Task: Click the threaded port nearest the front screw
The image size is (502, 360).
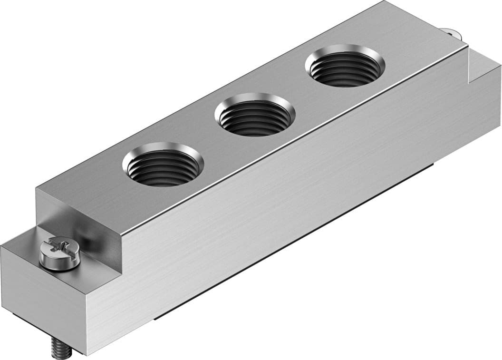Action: [x=163, y=164]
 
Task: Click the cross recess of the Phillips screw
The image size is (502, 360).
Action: [x=59, y=247]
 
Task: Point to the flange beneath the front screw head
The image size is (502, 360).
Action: [x=59, y=262]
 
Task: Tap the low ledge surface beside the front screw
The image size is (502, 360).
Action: [x=24, y=247]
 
